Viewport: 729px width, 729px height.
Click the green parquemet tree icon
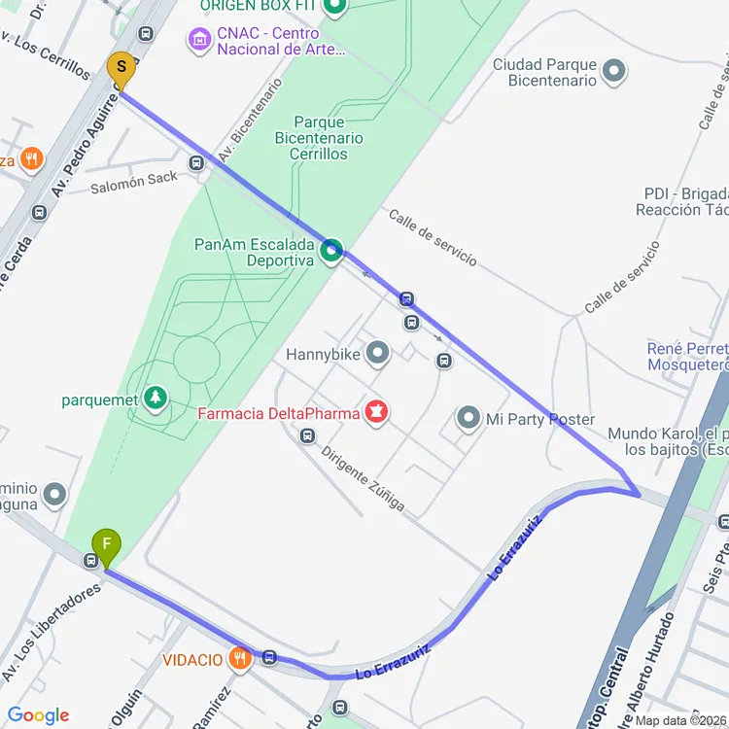click(154, 398)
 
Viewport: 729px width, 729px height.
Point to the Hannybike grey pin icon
click(376, 354)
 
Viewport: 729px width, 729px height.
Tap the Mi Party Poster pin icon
click(469, 419)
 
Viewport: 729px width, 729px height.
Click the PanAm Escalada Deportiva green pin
click(331, 251)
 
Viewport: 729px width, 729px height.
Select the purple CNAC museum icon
click(198, 40)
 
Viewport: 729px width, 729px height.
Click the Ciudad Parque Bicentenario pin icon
click(613, 71)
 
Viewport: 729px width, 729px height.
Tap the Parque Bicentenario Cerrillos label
click(319, 138)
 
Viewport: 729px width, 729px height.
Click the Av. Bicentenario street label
click(250, 121)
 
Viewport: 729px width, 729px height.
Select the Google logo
click(38, 716)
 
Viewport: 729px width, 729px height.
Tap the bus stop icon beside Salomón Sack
click(197, 162)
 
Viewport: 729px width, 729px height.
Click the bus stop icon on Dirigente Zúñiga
click(307, 435)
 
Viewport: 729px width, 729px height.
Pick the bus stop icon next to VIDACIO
click(269, 658)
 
